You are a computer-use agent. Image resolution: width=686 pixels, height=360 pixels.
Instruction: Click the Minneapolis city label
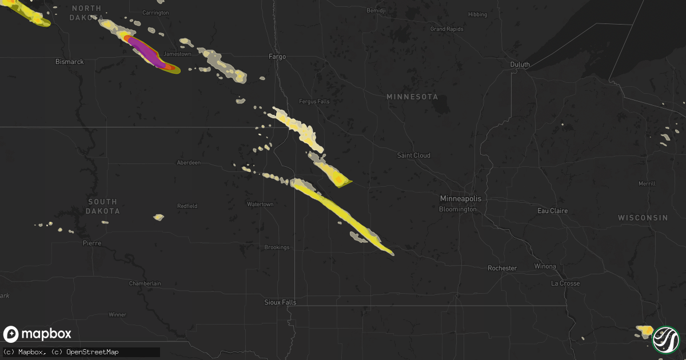click(x=461, y=198)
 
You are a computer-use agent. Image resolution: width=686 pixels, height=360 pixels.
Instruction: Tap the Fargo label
click(x=277, y=57)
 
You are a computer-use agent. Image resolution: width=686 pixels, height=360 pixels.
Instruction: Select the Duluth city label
click(x=520, y=65)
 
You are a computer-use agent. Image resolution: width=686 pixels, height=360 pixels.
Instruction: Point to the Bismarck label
click(x=70, y=61)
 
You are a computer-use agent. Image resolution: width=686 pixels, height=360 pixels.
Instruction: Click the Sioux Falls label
click(x=281, y=302)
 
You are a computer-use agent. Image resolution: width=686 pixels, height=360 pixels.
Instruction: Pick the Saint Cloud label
click(x=414, y=155)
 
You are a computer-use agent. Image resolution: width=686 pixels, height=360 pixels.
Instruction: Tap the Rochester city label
click(x=502, y=268)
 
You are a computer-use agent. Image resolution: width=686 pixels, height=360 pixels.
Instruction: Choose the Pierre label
click(x=92, y=243)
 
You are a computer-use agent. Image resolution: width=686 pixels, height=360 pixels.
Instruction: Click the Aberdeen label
click(x=189, y=163)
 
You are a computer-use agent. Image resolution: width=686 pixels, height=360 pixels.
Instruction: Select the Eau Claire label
click(x=553, y=211)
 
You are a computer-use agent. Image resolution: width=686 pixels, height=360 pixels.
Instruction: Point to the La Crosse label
click(x=565, y=283)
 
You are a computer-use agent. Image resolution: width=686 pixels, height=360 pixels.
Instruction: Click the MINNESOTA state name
click(x=412, y=97)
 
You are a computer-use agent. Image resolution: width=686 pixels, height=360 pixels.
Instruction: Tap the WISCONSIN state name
click(x=643, y=218)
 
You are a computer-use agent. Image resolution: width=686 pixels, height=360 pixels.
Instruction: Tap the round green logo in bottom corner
click(x=667, y=339)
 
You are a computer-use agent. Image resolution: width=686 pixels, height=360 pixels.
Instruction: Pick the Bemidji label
click(x=376, y=11)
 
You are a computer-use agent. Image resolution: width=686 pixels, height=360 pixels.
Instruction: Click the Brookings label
click(x=277, y=247)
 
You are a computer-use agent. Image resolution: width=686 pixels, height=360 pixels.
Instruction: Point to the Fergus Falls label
click(x=314, y=102)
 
